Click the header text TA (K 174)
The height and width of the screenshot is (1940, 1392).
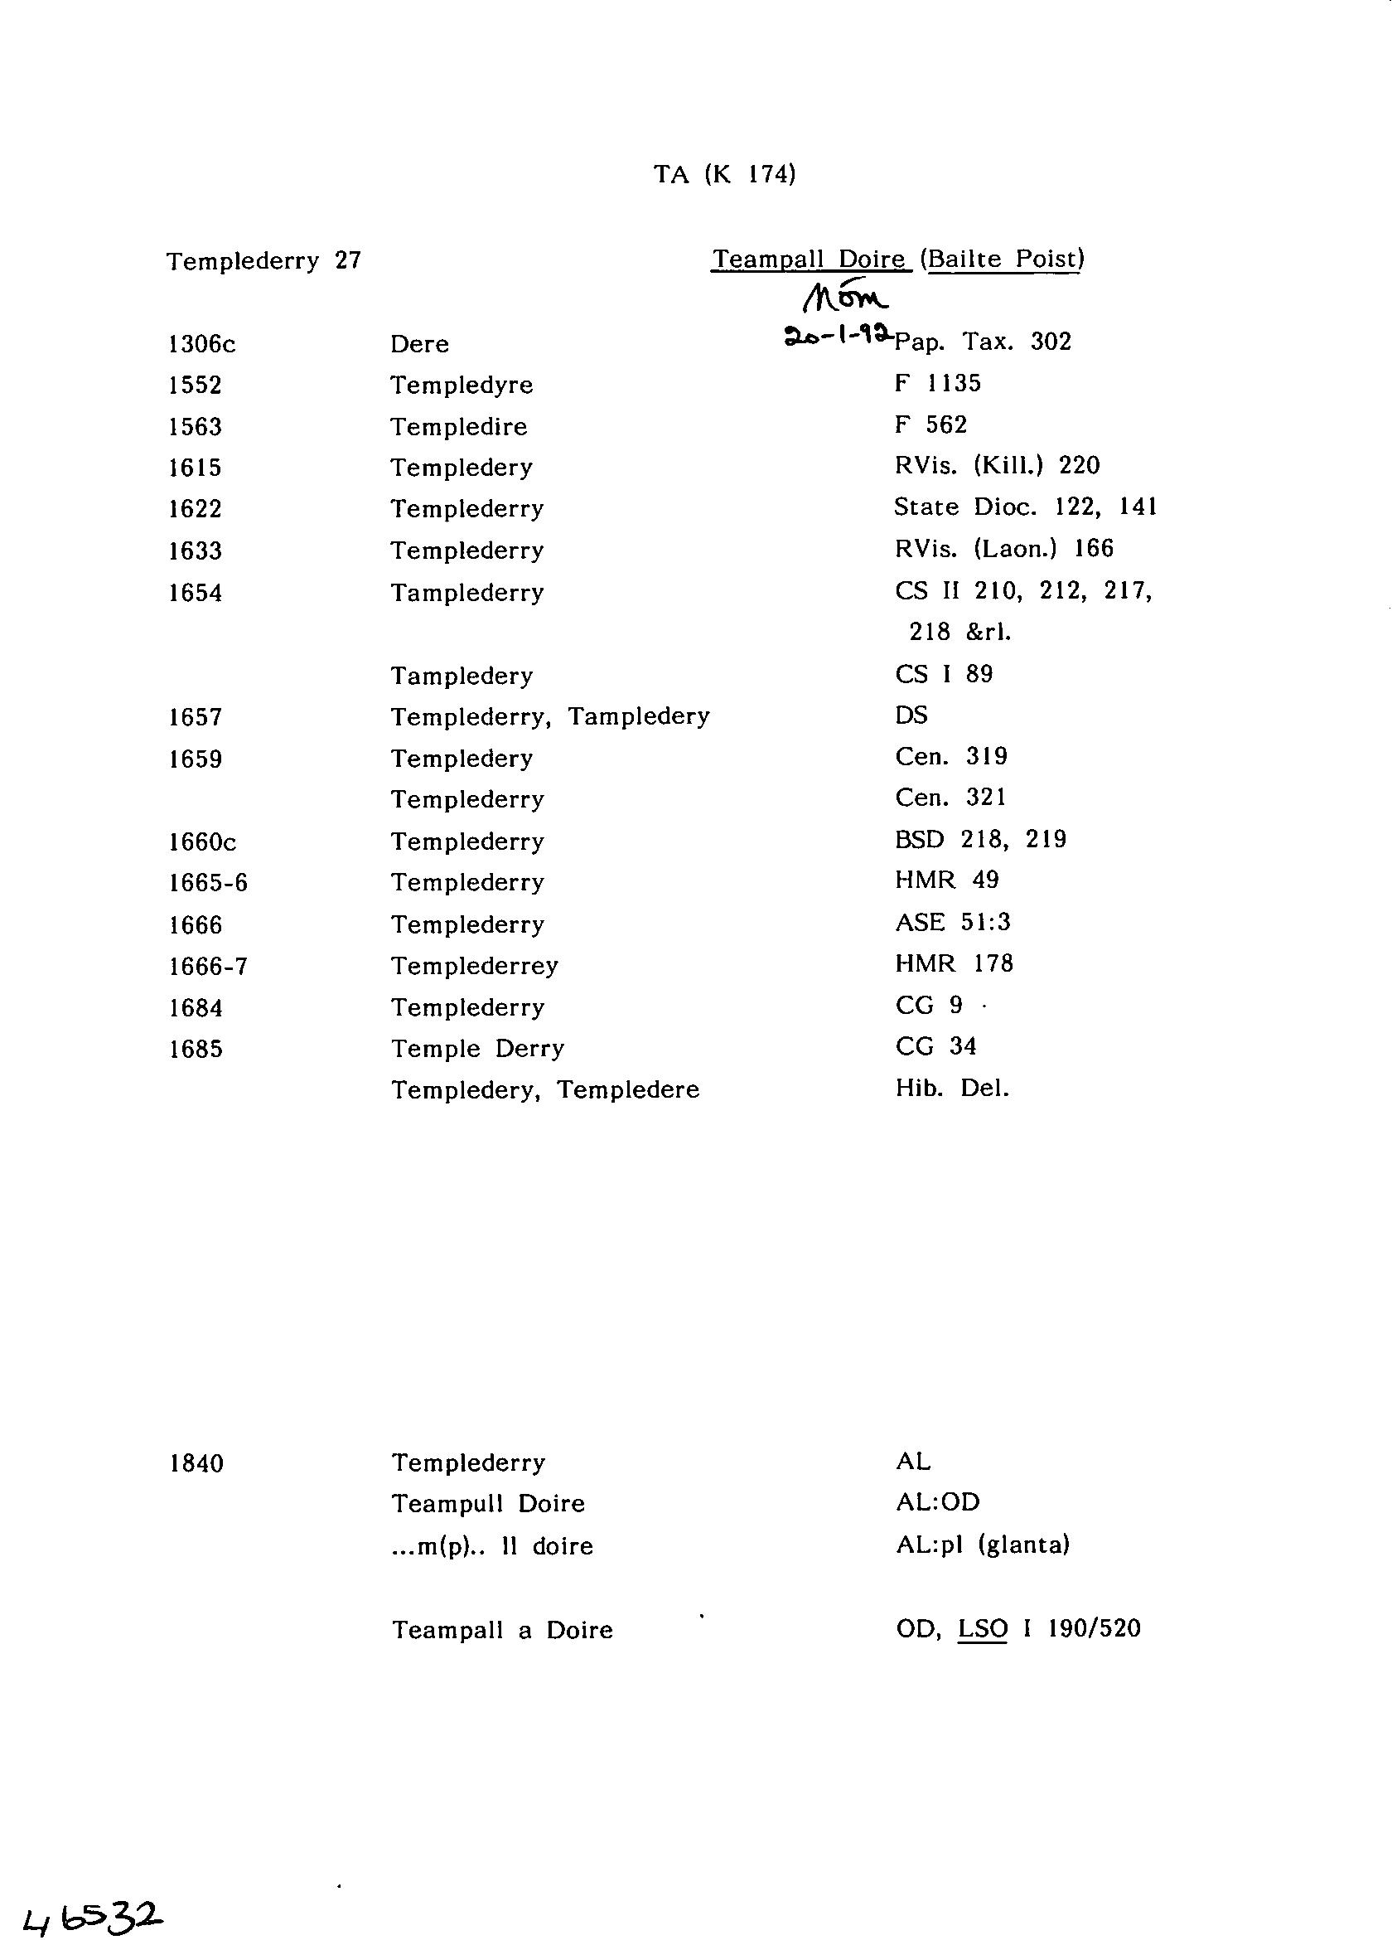click(x=724, y=174)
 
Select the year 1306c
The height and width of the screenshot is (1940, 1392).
click(x=201, y=344)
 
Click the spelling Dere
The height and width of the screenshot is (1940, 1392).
click(x=419, y=344)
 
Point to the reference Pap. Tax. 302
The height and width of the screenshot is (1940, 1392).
click(x=983, y=342)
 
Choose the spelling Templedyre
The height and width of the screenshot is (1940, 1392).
click(x=461, y=385)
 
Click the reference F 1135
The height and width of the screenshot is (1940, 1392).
click(x=937, y=383)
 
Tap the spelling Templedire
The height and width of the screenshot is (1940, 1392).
click(x=458, y=427)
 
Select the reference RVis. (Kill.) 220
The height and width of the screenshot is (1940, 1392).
click(x=997, y=465)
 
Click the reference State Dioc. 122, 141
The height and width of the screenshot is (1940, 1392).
click(x=1024, y=507)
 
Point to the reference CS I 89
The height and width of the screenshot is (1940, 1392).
click(x=943, y=674)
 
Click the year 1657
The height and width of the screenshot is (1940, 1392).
click(x=196, y=717)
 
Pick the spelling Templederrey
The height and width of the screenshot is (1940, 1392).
click(x=475, y=966)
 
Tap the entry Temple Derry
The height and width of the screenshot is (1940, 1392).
click(x=477, y=1049)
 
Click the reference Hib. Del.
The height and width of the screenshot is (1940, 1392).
click(x=952, y=1089)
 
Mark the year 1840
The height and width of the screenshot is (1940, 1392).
click(x=196, y=1463)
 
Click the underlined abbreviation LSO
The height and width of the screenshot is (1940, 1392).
click(x=983, y=1627)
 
